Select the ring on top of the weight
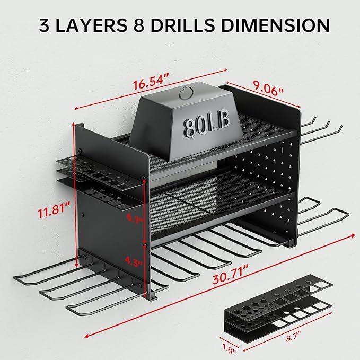(186, 93)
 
